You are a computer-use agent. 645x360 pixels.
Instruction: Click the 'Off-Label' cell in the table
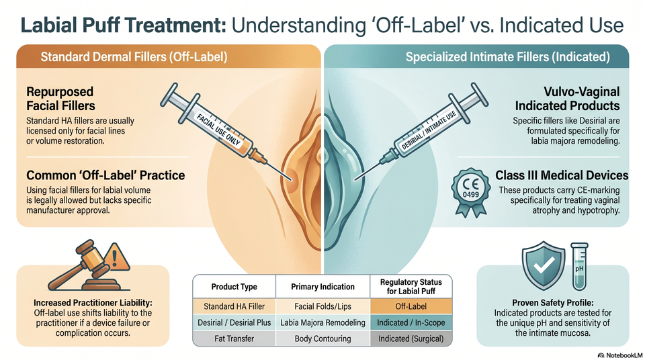coord(411,306)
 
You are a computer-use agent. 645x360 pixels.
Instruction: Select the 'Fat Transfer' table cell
coord(234,339)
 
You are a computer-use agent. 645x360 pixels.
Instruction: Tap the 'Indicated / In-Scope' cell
coord(411,322)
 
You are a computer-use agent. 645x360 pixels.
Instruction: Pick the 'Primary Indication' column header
coord(323,287)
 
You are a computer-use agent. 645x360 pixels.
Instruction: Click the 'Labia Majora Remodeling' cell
coord(323,322)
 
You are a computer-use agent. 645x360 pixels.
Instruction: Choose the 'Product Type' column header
coord(234,287)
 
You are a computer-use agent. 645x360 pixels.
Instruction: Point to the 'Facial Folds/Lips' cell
coord(323,306)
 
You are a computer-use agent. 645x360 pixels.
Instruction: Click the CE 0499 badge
coord(470,192)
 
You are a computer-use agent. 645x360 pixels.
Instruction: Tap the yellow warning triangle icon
coord(116,257)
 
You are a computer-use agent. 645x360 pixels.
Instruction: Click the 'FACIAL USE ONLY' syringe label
coord(218,130)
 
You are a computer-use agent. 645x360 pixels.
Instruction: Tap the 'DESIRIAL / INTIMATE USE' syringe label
coord(429,130)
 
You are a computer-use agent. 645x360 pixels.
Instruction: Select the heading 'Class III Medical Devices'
coord(562,175)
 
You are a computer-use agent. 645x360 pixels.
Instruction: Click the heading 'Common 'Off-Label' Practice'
coord(105,175)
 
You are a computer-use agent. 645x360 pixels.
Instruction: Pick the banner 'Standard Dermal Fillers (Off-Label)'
coord(134,57)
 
